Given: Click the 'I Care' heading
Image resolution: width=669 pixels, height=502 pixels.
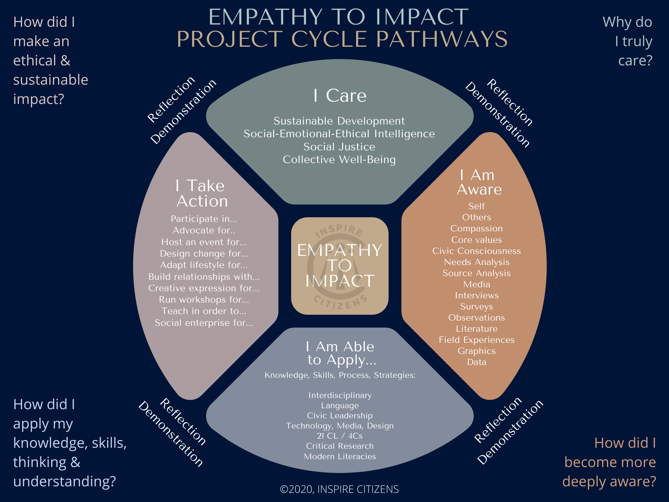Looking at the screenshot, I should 340,96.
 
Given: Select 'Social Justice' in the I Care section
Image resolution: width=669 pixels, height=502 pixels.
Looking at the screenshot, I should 339,147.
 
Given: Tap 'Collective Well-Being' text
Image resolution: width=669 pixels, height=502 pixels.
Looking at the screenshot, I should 339,159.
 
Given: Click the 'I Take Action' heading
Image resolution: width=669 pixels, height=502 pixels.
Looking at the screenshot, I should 202,193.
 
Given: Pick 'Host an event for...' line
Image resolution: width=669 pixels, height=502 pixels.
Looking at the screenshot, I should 204,242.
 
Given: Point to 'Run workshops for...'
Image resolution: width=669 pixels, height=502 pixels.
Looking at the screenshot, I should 204,300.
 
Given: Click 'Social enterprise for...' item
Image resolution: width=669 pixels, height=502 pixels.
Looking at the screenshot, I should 204,323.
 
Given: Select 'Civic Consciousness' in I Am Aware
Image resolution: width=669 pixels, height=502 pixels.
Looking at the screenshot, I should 476,251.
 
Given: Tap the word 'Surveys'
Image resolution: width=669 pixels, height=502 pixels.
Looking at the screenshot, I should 476,307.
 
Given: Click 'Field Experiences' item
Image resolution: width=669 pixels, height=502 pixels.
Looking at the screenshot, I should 476,340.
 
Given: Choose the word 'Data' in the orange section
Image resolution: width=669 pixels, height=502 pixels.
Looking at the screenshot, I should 477,362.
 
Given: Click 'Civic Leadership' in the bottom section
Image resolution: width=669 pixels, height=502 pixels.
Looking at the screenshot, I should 340,416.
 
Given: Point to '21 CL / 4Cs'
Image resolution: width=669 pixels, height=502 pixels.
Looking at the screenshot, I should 340,436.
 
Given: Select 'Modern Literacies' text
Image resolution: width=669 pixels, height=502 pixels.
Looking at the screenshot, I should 340,457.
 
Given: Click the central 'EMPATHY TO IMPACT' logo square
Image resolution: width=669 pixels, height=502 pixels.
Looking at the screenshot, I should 340,266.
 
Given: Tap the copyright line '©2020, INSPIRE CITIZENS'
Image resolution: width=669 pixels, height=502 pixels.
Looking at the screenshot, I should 339,489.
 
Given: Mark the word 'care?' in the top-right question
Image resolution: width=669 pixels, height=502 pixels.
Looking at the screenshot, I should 635,61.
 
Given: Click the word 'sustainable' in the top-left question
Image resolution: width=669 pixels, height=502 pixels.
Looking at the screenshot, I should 51,80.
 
